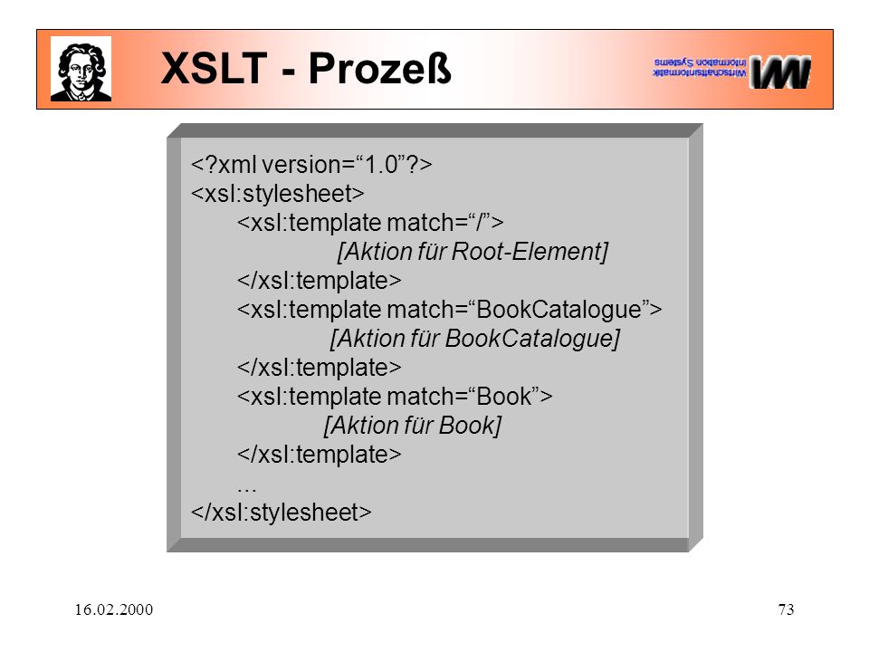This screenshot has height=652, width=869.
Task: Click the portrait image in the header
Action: (x=81, y=69)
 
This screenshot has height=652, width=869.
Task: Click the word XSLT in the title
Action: (x=215, y=68)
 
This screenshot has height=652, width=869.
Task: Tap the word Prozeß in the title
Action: (x=380, y=69)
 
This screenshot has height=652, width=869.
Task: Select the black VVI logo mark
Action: (x=780, y=72)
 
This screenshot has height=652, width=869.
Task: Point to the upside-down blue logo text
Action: (x=700, y=67)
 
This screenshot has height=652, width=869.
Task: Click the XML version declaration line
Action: (x=311, y=165)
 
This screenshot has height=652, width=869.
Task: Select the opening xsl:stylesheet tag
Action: (x=278, y=194)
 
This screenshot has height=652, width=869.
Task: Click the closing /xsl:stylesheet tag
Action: (x=281, y=512)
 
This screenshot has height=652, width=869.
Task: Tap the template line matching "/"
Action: (x=370, y=223)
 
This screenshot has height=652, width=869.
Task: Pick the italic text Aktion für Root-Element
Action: (x=473, y=252)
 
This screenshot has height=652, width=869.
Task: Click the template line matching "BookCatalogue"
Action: (x=450, y=310)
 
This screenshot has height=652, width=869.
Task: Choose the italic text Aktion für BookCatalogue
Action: (x=475, y=339)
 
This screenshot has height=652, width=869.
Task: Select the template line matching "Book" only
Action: (x=395, y=397)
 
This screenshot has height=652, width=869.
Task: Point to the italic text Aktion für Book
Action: (x=413, y=426)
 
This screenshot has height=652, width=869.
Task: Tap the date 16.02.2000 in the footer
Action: (x=114, y=609)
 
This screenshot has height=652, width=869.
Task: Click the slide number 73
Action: (x=786, y=609)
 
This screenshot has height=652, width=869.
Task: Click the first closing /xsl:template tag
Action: (x=320, y=281)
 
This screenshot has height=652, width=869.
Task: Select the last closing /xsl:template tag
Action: (x=320, y=455)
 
